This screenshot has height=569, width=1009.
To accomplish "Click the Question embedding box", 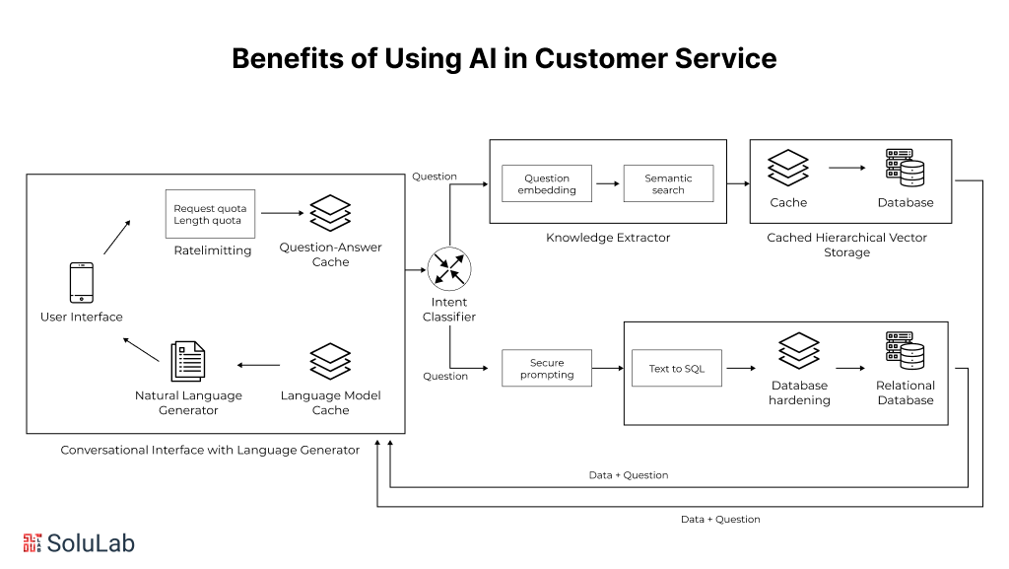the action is pos(546,183).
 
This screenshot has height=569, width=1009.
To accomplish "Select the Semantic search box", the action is pos(668,183).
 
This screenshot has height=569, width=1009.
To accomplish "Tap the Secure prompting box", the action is pos(546,368).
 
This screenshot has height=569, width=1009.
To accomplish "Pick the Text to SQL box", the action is pos(676,368).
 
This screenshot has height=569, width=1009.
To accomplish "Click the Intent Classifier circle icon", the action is pos(449,269).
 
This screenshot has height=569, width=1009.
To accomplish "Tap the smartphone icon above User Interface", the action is pos(82,283).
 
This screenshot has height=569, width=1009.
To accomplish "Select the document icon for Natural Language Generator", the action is pos(188,361).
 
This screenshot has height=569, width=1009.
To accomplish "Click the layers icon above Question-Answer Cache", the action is pos(330,213).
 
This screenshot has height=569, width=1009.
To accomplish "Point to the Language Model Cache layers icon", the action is pos(330,361).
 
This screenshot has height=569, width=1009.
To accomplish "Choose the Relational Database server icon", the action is pos(905,351).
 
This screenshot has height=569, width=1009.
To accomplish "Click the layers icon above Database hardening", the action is pos(798,351).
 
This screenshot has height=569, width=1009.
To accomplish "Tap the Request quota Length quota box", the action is pos(210,214).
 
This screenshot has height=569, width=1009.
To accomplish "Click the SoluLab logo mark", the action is pos(33,542).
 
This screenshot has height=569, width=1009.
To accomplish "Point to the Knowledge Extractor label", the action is pos(608,238).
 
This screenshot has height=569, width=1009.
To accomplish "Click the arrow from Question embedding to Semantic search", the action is pos(607,183).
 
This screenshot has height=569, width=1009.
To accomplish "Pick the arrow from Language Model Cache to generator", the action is pos(259,365).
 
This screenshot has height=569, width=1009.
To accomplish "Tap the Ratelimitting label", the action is pos(213,250).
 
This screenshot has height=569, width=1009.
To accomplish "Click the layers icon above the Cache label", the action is pos(787,168).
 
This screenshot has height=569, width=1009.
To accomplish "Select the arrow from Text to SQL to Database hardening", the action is pos(741,368).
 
